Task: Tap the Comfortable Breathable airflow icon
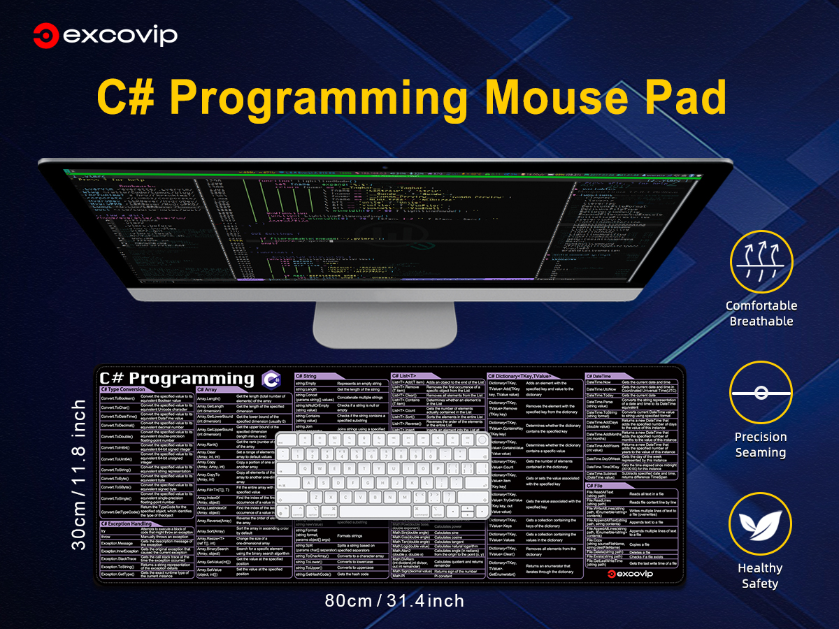[761, 261]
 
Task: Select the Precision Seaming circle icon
[761, 393]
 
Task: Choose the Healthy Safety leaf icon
[761, 523]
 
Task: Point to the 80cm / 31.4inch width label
[394, 600]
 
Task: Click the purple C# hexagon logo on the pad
[271, 379]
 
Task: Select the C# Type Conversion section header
[123, 389]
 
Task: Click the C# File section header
[595, 485]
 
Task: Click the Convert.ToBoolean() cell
[118, 397]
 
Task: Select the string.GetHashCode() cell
[313, 574]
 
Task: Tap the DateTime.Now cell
[599, 382]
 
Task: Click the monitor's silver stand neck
[385, 323]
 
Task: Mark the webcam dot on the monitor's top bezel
[385, 167]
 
